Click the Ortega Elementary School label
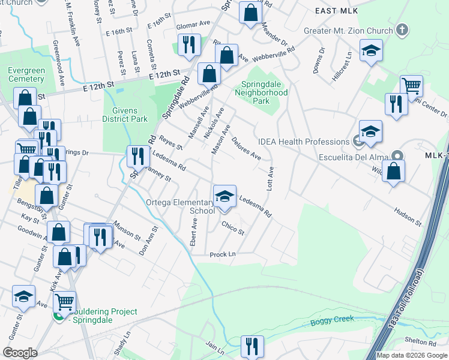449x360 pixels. [x=181, y=206]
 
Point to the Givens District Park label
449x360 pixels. [x=125, y=115]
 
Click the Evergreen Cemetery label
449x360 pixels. [x=26, y=74]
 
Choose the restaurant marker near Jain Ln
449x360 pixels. [x=252, y=346]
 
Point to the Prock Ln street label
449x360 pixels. [x=222, y=254]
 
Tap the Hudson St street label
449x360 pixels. [x=408, y=217]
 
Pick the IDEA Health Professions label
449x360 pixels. [x=303, y=142]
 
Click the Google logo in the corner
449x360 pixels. [x=20, y=353]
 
